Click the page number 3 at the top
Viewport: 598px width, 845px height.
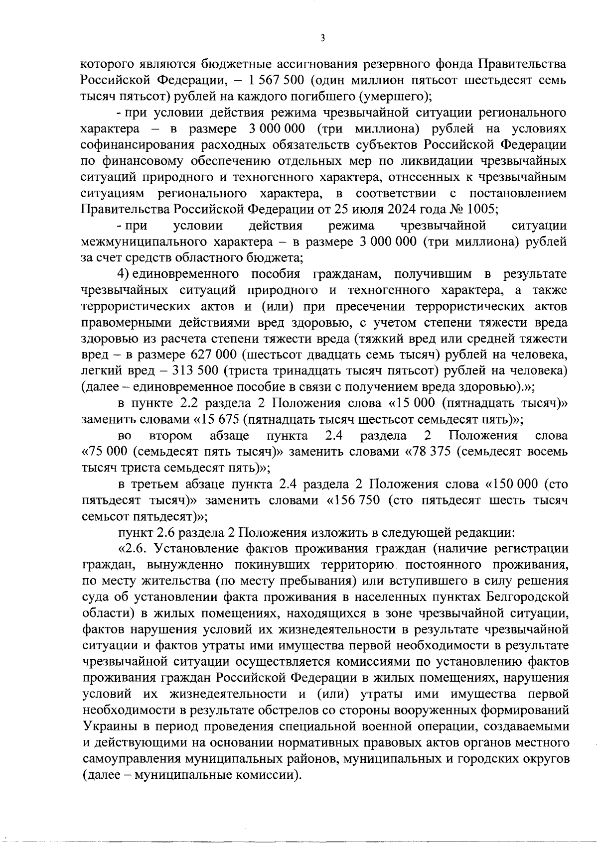click(x=323, y=39)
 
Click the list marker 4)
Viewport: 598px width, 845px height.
click(x=124, y=274)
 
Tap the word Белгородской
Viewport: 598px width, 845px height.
click(x=528, y=597)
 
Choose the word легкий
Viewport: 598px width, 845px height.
click(x=100, y=371)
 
